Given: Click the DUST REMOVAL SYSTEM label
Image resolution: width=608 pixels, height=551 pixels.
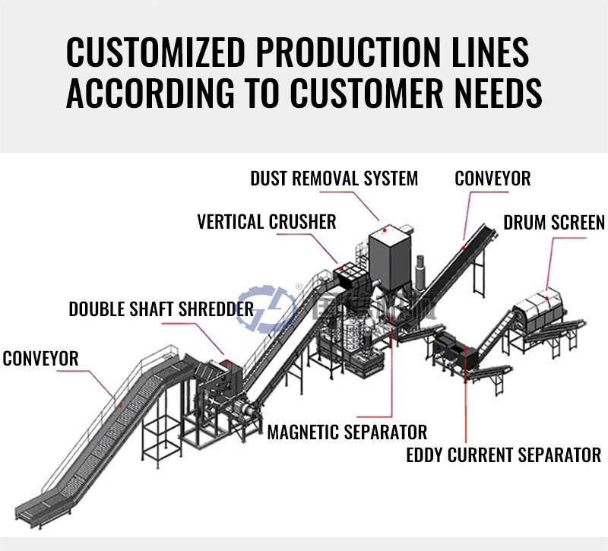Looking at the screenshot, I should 334,179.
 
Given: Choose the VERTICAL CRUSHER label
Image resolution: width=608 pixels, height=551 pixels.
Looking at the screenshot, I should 266,222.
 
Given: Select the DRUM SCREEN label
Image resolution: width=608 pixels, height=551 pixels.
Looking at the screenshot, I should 554,223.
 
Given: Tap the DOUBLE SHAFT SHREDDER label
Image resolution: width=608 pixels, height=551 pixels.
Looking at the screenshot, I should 161,309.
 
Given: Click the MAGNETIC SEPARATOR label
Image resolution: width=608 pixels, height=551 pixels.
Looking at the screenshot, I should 347,432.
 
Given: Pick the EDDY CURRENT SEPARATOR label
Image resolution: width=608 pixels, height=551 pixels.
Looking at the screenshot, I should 504,455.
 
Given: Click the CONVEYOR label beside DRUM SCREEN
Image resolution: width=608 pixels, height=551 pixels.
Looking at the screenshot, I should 492,179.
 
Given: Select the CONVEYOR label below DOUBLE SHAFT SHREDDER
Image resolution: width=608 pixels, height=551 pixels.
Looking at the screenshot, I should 41,358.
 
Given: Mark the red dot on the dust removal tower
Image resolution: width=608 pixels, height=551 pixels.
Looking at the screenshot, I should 386,229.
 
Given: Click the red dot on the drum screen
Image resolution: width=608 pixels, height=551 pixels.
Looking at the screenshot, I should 548,290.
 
